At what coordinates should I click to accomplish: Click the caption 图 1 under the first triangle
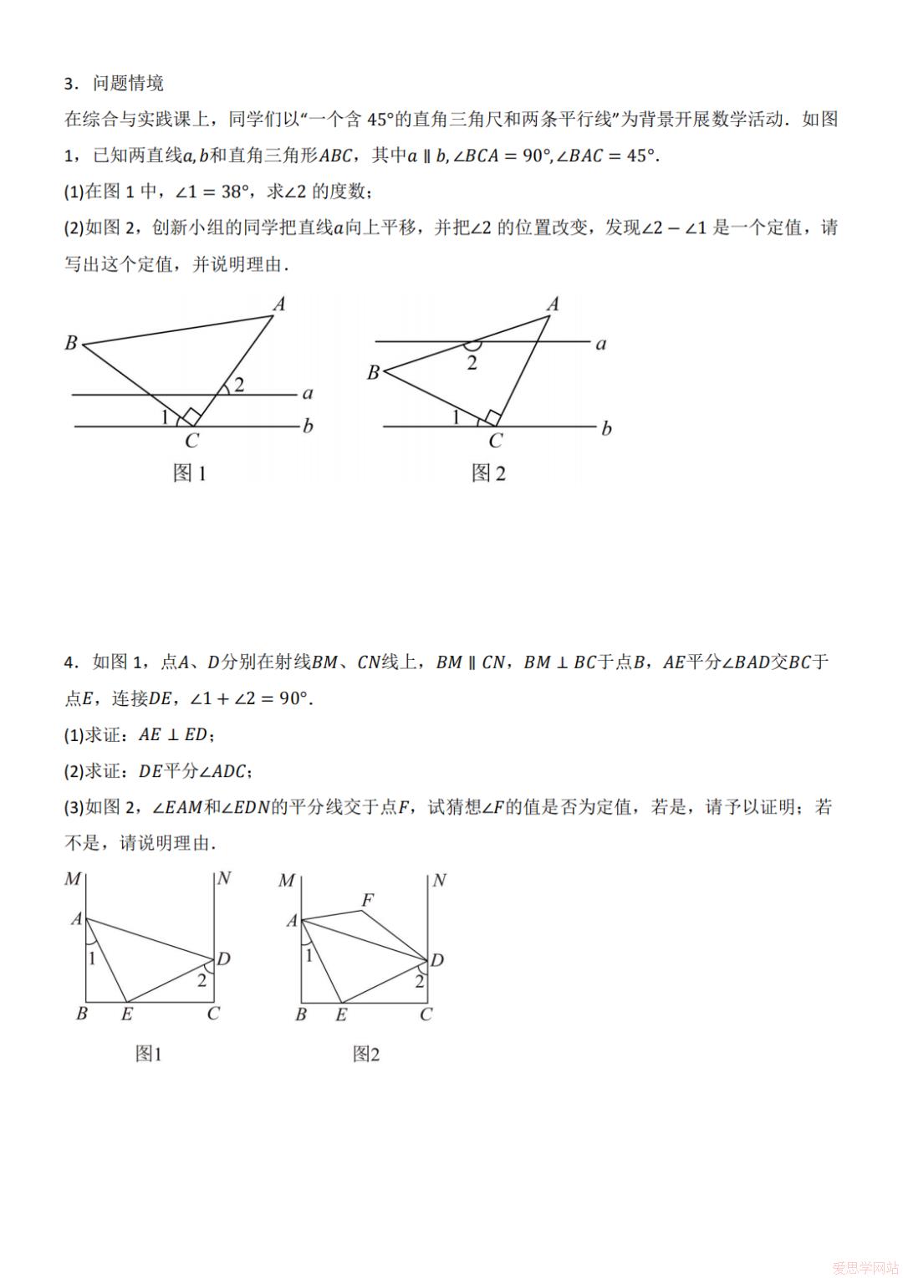[x=189, y=473]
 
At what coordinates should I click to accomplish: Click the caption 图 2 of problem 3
[x=488, y=473]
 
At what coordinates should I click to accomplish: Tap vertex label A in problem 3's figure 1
[x=279, y=304]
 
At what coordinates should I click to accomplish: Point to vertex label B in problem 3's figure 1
[x=71, y=342]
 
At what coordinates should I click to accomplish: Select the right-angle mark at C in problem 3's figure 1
[x=192, y=416]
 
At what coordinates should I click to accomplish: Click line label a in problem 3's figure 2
[x=600, y=344]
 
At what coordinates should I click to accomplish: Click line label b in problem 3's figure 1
[x=308, y=427]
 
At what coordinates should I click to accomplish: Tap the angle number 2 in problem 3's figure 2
[x=472, y=363]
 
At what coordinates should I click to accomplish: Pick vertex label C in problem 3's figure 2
[x=495, y=442]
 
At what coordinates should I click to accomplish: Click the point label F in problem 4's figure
[x=367, y=900]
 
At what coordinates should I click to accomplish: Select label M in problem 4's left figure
[x=73, y=879]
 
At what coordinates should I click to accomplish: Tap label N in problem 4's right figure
[x=439, y=880]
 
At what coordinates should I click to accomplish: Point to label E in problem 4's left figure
[x=127, y=1015]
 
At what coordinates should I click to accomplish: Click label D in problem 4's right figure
[x=436, y=960]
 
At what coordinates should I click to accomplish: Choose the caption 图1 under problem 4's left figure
[x=148, y=1054]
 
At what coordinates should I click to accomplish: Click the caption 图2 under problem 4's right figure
[x=365, y=1054]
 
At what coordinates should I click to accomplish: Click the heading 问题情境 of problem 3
[x=128, y=83]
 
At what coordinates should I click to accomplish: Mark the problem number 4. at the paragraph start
[x=72, y=662]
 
